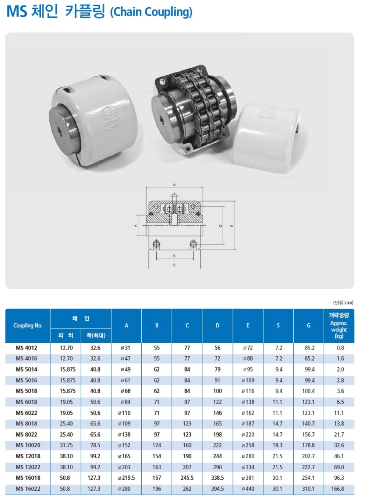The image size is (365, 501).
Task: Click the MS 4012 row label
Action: click(27, 347)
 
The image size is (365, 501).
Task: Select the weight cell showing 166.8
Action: click(339, 489)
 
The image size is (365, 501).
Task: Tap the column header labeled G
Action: click(309, 325)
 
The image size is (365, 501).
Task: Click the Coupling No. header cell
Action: click(28, 325)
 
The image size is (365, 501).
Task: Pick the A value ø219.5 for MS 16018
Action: click(126, 478)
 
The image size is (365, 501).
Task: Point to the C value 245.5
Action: click(187, 478)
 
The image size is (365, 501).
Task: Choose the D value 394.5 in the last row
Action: click(217, 489)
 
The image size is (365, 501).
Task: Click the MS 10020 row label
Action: click(28, 445)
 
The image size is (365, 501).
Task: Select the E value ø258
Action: click(248, 445)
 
